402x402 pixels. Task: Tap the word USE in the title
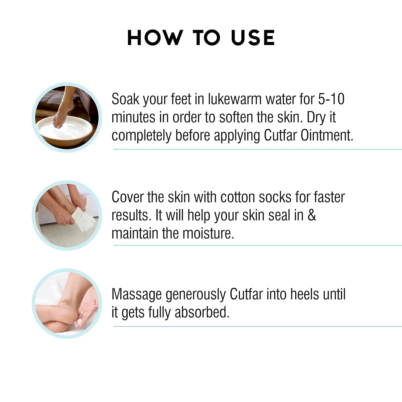click(x=253, y=38)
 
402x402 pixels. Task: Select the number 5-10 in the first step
click(x=331, y=99)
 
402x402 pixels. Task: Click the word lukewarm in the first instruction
click(x=235, y=99)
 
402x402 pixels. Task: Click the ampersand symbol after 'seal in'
click(x=312, y=215)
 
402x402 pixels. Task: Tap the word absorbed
click(x=202, y=312)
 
